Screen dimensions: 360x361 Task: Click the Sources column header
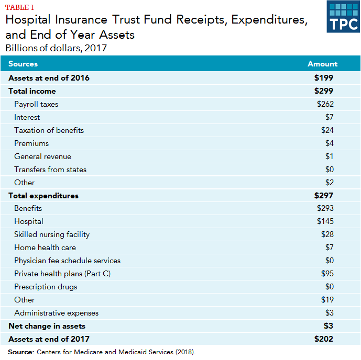(x=23, y=64)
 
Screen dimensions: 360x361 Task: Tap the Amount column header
(x=322, y=64)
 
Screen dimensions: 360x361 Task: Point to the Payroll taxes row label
(x=36, y=104)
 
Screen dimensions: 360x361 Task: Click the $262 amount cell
(x=325, y=104)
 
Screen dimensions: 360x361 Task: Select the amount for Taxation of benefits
(x=327, y=130)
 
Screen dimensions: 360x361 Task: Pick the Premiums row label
(x=31, y=143)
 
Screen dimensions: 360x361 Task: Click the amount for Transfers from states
(x=329, y=170)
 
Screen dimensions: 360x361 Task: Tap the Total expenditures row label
(x=43, y=196)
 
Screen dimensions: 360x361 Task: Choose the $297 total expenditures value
(x=324, y=196)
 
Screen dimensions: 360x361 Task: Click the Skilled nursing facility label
(x=52, y=234)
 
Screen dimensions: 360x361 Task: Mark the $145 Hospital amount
(x=325, y=221)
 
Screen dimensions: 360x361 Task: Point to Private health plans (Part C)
(x=62, y=274)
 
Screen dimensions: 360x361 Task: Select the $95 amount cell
(x=327, y=274)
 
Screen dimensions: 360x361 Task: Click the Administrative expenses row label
(x=56, y=313)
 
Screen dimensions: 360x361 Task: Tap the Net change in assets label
(x=47, y=326)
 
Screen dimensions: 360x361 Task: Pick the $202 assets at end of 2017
(x=324, y=339)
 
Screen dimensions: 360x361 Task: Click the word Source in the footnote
(x=21, y=352)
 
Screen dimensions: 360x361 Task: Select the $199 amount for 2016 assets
(x=324, y=78)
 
